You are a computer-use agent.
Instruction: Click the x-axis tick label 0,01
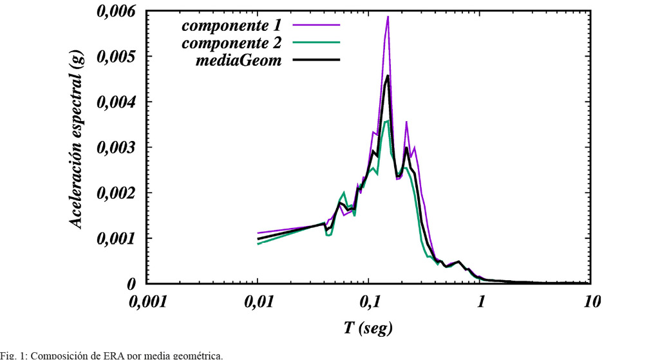click(x=258, y=302)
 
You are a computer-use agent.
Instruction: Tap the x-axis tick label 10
click(x=591, y=302)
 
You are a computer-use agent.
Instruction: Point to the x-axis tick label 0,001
click(x=147, y=302)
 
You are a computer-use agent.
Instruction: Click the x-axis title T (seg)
click(x=368, y=327)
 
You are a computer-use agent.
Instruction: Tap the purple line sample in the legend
click(x=316, y=26)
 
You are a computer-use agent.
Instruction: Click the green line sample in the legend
click(x=316, y=43)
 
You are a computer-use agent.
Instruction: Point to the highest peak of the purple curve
click(x=388, y=17)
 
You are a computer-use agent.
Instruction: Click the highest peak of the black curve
click(x=388, y=76)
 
